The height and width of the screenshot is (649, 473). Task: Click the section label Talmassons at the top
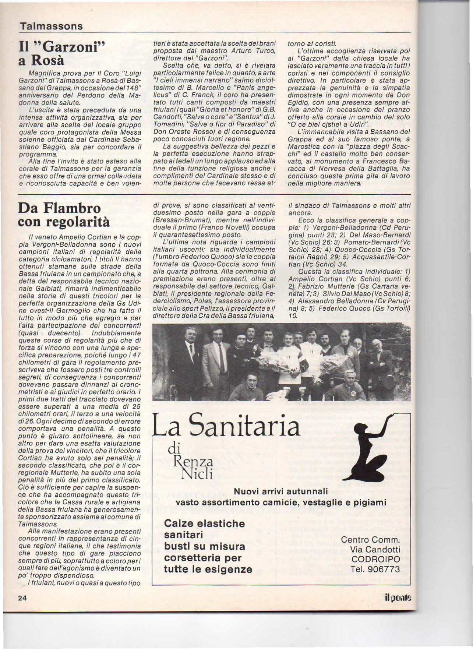tap(51, 27)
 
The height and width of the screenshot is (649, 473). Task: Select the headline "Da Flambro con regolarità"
tap(60, 215)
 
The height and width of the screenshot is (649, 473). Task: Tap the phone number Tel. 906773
tap(375, 569)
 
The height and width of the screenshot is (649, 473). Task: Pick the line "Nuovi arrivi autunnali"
tap(281, 491)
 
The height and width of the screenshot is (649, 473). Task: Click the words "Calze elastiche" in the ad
tap(204, 523)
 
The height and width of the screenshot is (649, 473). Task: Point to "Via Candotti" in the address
tap(375, 550)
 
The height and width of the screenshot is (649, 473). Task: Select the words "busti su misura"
tap(204, 546)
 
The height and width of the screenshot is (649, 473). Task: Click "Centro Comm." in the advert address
tap(370, 540)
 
